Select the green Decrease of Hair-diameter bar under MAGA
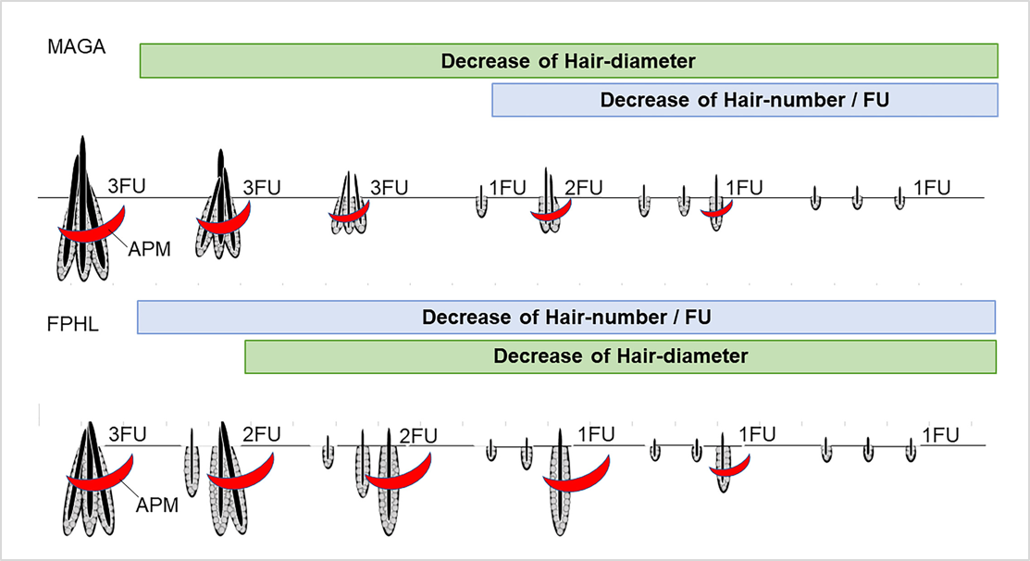coord(568,61)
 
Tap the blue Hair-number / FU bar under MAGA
coord(744,100)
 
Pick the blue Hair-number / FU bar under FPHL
coord(565,318)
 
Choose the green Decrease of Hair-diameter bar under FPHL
coord(620,356)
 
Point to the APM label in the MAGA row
coord(150,249)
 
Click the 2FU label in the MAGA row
coord(583,188)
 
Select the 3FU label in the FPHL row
coord(129,434)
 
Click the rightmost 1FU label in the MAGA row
coord(931,188)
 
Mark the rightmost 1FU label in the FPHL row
coord(939,435)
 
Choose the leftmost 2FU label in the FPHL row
coord(261,434)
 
